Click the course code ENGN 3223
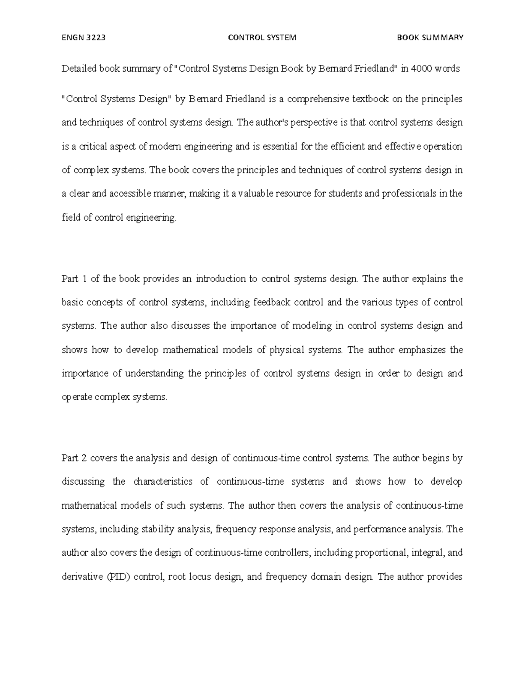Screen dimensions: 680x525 84,38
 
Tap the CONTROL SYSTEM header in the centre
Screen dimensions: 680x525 262,38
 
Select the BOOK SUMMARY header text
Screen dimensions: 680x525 430,38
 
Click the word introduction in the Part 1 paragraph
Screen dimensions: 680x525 220,279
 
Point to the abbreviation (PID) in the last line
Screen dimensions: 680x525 118,577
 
